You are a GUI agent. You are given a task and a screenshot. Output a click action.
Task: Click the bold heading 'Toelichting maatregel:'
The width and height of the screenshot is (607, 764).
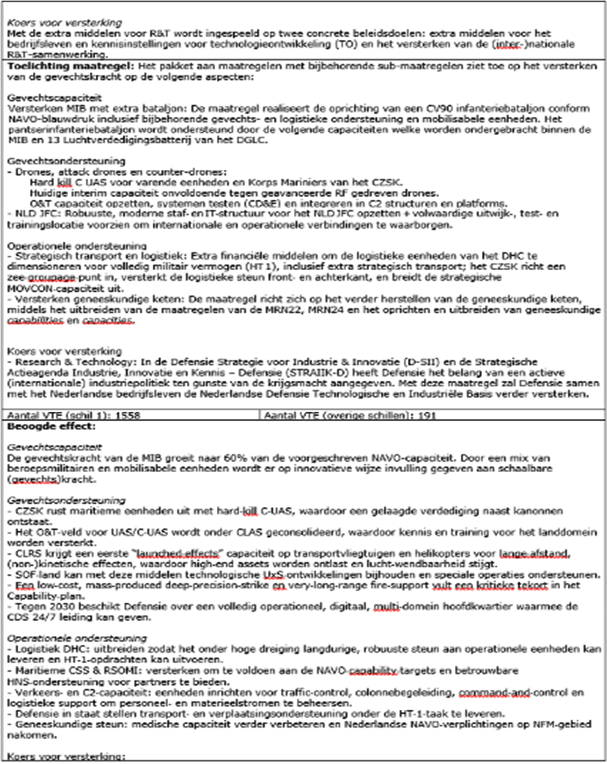pos(70,66)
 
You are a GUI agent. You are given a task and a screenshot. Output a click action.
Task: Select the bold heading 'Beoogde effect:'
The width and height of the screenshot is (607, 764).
pos(51,426)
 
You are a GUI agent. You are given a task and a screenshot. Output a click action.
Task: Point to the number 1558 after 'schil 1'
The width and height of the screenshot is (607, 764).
pos(128,415)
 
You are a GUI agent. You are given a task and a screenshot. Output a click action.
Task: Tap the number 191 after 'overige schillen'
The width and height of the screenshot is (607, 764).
pos(427,415)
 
